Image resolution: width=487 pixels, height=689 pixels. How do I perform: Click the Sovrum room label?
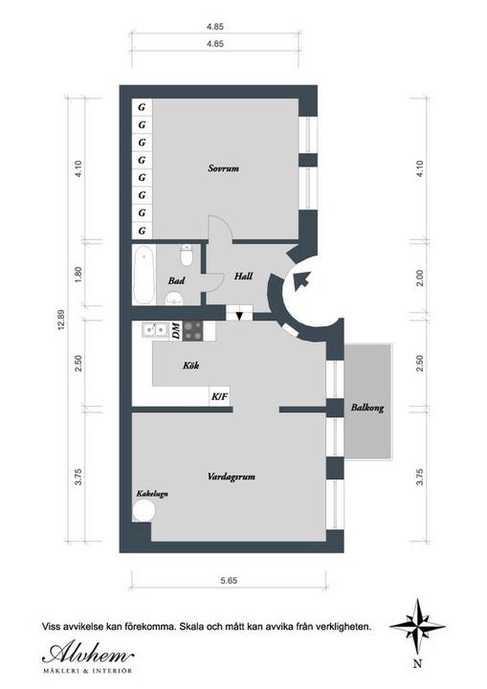tap(224, 168)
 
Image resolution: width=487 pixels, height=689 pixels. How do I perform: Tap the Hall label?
tap(243, 276)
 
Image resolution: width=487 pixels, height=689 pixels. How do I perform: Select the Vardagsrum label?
tap(232, 477)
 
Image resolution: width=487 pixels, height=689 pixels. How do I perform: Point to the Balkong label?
tap(367, 408)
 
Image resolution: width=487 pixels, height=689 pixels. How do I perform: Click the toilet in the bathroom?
tap(187, 256)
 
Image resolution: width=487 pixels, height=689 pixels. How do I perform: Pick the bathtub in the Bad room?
tap(144, 275)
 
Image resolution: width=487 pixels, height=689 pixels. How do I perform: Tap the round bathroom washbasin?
tap(175, 299)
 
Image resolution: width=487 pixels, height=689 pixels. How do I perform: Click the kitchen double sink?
tap(155, 328)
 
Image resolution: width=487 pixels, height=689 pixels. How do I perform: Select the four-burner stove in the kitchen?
tap(193, 331)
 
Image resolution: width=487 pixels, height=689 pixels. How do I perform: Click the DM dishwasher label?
tap(175, 331)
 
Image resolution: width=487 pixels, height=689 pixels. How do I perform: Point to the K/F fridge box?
tap(219, 397)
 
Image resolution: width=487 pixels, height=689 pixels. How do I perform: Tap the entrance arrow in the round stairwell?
tap(302, 279)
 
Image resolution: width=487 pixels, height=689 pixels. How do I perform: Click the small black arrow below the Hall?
tap(239, 315)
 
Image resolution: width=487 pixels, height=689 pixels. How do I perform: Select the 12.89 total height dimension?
tap(61, 320)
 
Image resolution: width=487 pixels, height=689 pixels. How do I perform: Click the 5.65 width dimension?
tap(229, 581)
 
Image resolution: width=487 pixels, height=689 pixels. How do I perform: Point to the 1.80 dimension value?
tap(78, 275)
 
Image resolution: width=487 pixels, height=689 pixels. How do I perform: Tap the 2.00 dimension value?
tap(420, 278)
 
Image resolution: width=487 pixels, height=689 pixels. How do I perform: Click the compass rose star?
tap(417, 626)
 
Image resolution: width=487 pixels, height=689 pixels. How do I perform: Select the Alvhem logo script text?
tap(88, 654)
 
